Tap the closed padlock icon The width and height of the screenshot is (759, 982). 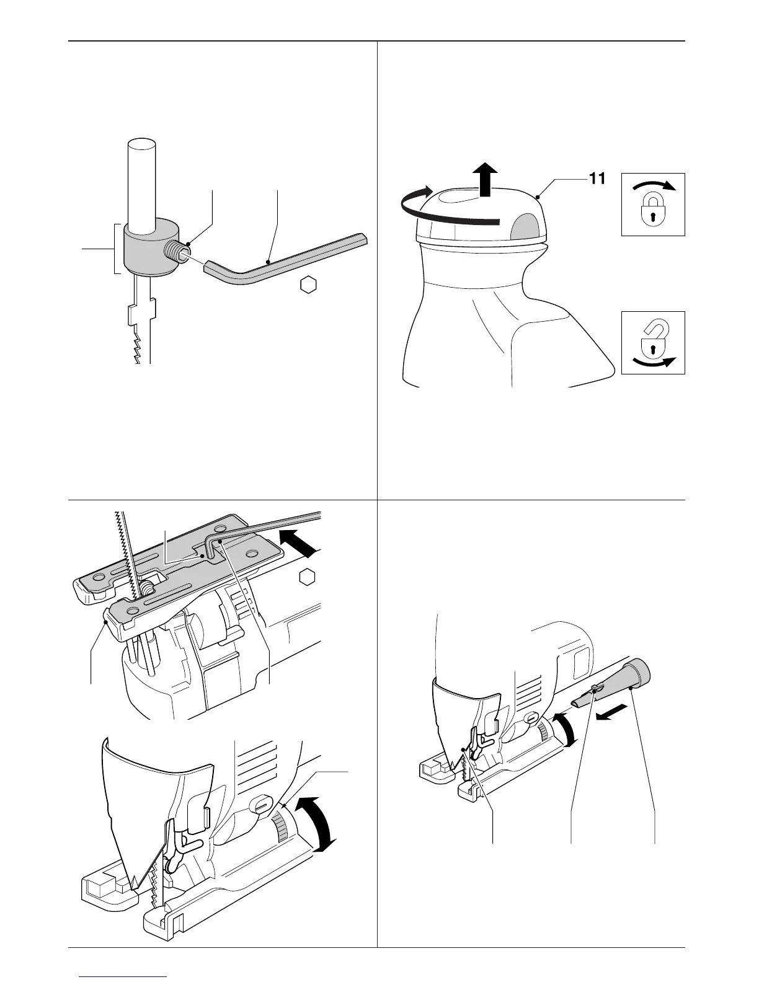pos(653,204)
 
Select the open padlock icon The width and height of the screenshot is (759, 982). pos(653,342)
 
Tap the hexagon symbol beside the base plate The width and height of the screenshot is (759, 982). pos(306,577)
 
